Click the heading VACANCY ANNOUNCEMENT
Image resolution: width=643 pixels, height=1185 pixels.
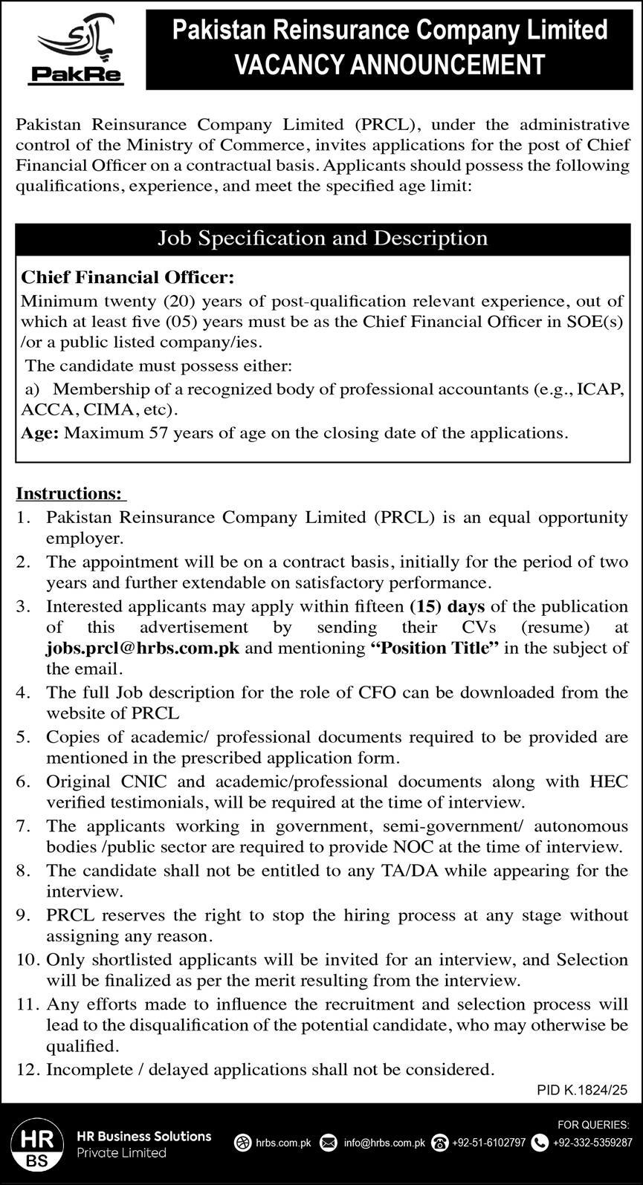tap(390, 65)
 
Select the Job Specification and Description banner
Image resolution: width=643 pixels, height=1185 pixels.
tap(323, 238)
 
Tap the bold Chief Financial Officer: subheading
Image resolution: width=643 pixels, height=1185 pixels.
tap(127, 278)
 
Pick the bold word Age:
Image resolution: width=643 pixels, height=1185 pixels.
tap(39, 433)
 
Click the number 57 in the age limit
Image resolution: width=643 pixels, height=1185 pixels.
tap(161, 433)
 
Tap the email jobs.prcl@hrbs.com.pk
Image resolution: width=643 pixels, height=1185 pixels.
tap(143, 647)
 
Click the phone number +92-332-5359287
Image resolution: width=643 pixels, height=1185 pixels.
tap(592, 1143)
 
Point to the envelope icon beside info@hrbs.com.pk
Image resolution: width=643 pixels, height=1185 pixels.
tap(328, 1143)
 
